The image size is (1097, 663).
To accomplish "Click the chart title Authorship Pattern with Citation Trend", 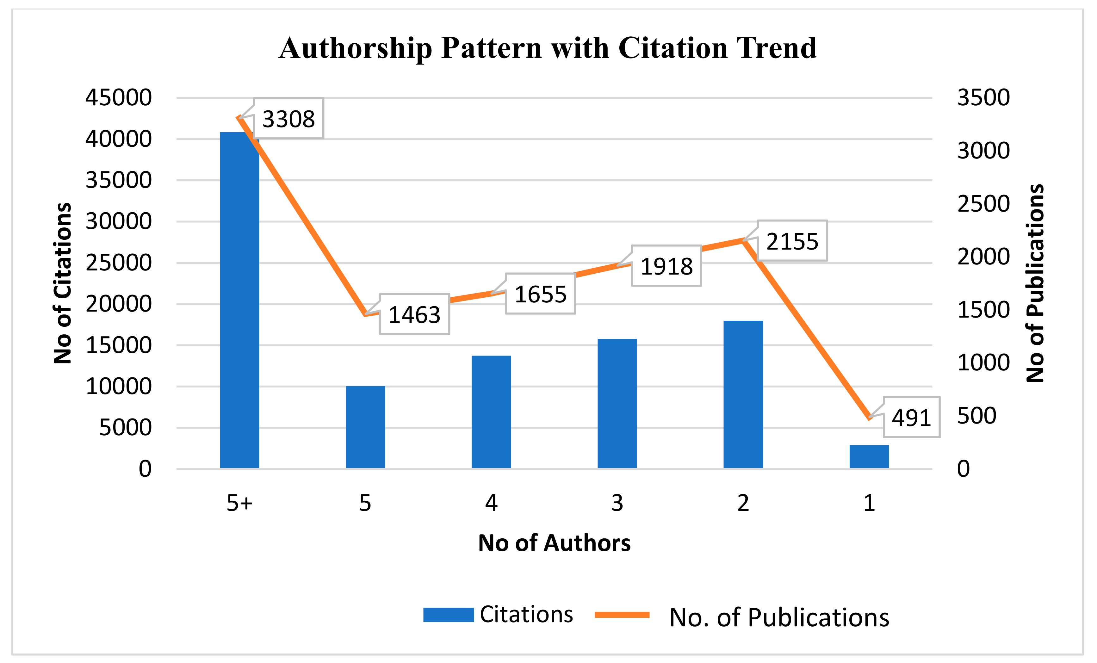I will (x=548, y=48).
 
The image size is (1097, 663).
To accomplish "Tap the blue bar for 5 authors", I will (x=365, y=427).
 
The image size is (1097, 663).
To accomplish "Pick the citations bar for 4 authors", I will (x=491, y=412).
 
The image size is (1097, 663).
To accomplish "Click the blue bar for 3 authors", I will (x=617, y=403).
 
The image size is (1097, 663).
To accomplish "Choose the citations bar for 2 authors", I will (x=743, y=394).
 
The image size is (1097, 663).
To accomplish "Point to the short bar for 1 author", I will (x=869, y=456).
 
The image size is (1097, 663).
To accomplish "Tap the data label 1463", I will (x=414, y=314).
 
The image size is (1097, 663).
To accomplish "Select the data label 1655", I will (x=541, y=294).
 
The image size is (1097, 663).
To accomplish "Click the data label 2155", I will (x=792, y=241).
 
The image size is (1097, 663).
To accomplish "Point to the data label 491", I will (x=911, y=418).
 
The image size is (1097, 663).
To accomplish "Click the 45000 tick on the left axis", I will (x=118, y=97).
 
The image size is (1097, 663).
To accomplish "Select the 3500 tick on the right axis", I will (x=983, y=97).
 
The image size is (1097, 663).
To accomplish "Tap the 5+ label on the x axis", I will (x=239, y=503).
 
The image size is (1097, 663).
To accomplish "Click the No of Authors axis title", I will (x=554, y=543).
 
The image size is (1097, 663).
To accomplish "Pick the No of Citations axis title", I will (x=63, y=283).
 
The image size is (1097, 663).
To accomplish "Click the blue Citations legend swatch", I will (x=448, y=615).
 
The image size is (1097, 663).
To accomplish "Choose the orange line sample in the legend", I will (x=622, y=615).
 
